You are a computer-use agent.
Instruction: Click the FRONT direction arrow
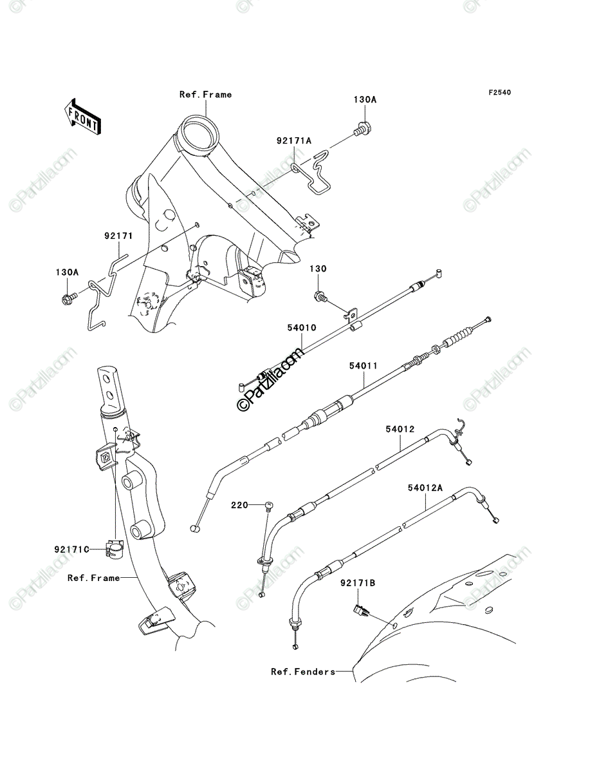[82, 117]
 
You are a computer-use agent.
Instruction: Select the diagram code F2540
[499, 93]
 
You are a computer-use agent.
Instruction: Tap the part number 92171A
[294, 141]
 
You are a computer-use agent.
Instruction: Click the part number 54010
[302, 327]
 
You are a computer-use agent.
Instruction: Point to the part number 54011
[364, 366]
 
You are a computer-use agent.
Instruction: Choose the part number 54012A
[425, 488]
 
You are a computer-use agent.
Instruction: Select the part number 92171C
[71, 549]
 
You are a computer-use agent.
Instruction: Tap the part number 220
[239, 506]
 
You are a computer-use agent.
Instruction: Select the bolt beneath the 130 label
[320, 296]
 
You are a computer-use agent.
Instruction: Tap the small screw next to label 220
[269, 506]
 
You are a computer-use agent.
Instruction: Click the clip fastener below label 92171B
[362, 610]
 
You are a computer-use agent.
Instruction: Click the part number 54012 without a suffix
[400, 429]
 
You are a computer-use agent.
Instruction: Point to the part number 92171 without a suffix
[118, 236]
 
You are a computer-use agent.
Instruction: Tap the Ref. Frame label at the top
[206, 95]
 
